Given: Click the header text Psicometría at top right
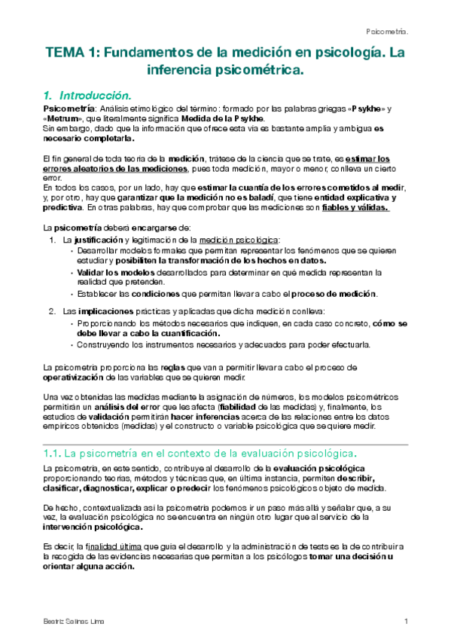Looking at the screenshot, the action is [x=386, y=32].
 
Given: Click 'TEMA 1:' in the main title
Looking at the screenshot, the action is [x=71, y=54].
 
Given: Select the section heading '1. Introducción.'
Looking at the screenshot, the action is [x=87, y=96].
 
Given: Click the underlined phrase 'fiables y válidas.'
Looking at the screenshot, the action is [x=353, y=208].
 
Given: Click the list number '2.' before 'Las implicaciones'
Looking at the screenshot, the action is [x=53, y=310].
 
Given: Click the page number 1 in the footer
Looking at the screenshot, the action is [x=406, y=620].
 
